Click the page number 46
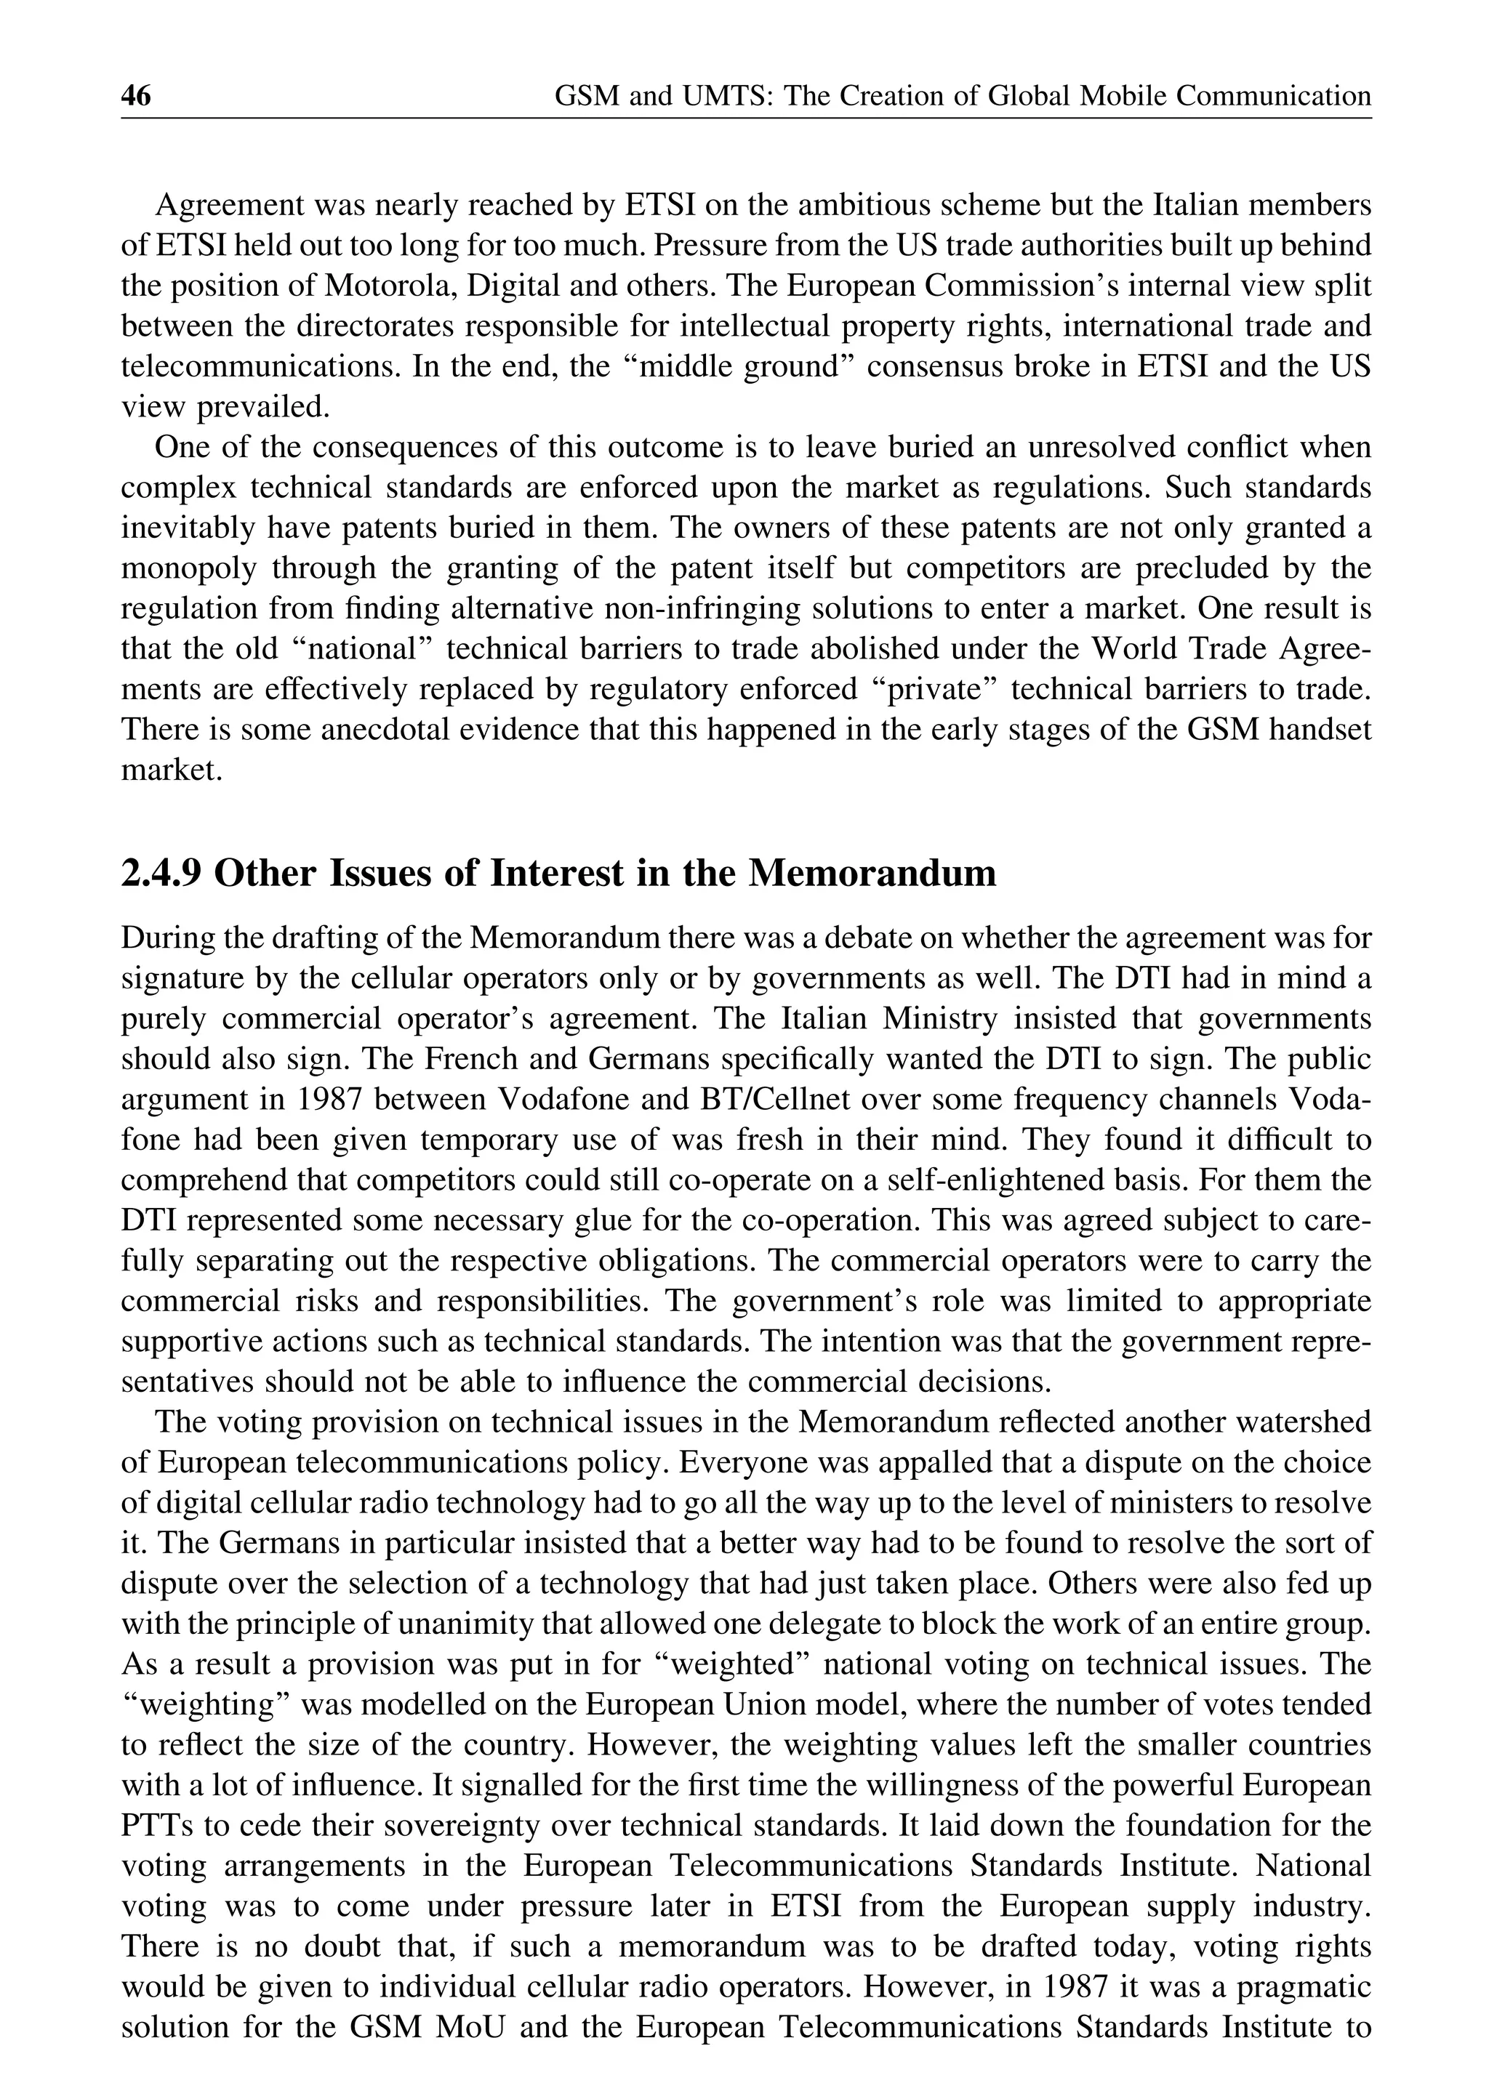pos(136,96)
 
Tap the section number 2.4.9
pos(161,874)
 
